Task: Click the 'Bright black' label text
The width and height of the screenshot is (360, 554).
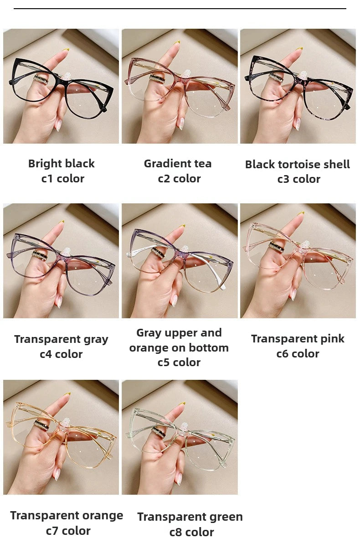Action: click(62, 163)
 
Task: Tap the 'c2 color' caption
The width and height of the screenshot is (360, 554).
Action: click(179, 178)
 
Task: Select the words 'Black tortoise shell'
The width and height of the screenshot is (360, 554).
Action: click(298, 164)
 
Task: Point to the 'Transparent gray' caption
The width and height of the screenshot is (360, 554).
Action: click(61, 339)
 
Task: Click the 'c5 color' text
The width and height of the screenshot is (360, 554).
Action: click(179, 362)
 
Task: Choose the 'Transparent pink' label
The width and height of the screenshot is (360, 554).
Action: click(298, 338)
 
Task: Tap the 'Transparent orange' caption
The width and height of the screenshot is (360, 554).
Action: click(67, 515)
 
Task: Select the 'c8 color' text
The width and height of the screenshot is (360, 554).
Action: click(191, 532)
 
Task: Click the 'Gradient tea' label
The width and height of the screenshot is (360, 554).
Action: click(178, 163)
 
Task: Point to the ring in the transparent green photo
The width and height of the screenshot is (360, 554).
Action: click(159, 431)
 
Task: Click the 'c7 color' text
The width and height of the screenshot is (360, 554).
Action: click(68, 530)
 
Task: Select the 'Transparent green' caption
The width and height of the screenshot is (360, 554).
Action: click(190, 517)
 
